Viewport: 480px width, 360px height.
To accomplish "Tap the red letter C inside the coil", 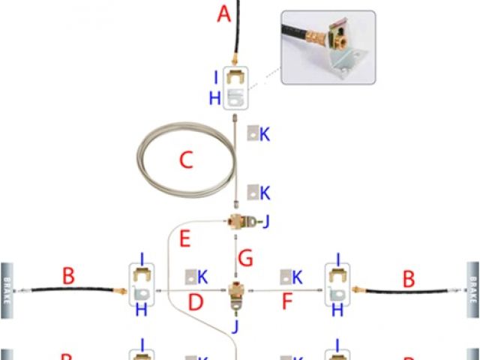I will coord(186,160).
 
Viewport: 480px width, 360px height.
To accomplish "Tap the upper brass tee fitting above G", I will coord(238,223).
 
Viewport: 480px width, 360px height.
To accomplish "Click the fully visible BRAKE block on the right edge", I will coord(472,289).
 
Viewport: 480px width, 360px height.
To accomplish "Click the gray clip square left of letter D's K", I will coord(192,277).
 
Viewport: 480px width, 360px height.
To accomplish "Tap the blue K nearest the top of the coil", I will coord(265,135).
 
